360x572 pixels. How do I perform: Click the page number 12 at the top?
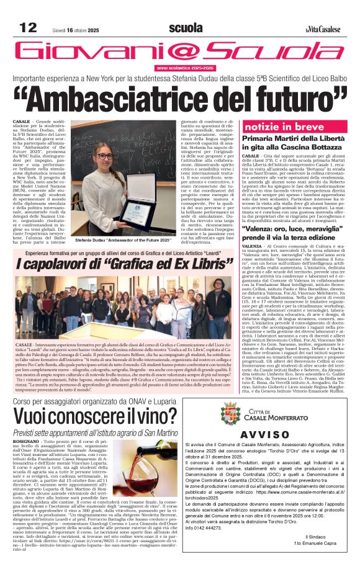click(28, 28)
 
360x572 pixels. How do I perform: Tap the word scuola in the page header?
click(185, 28)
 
